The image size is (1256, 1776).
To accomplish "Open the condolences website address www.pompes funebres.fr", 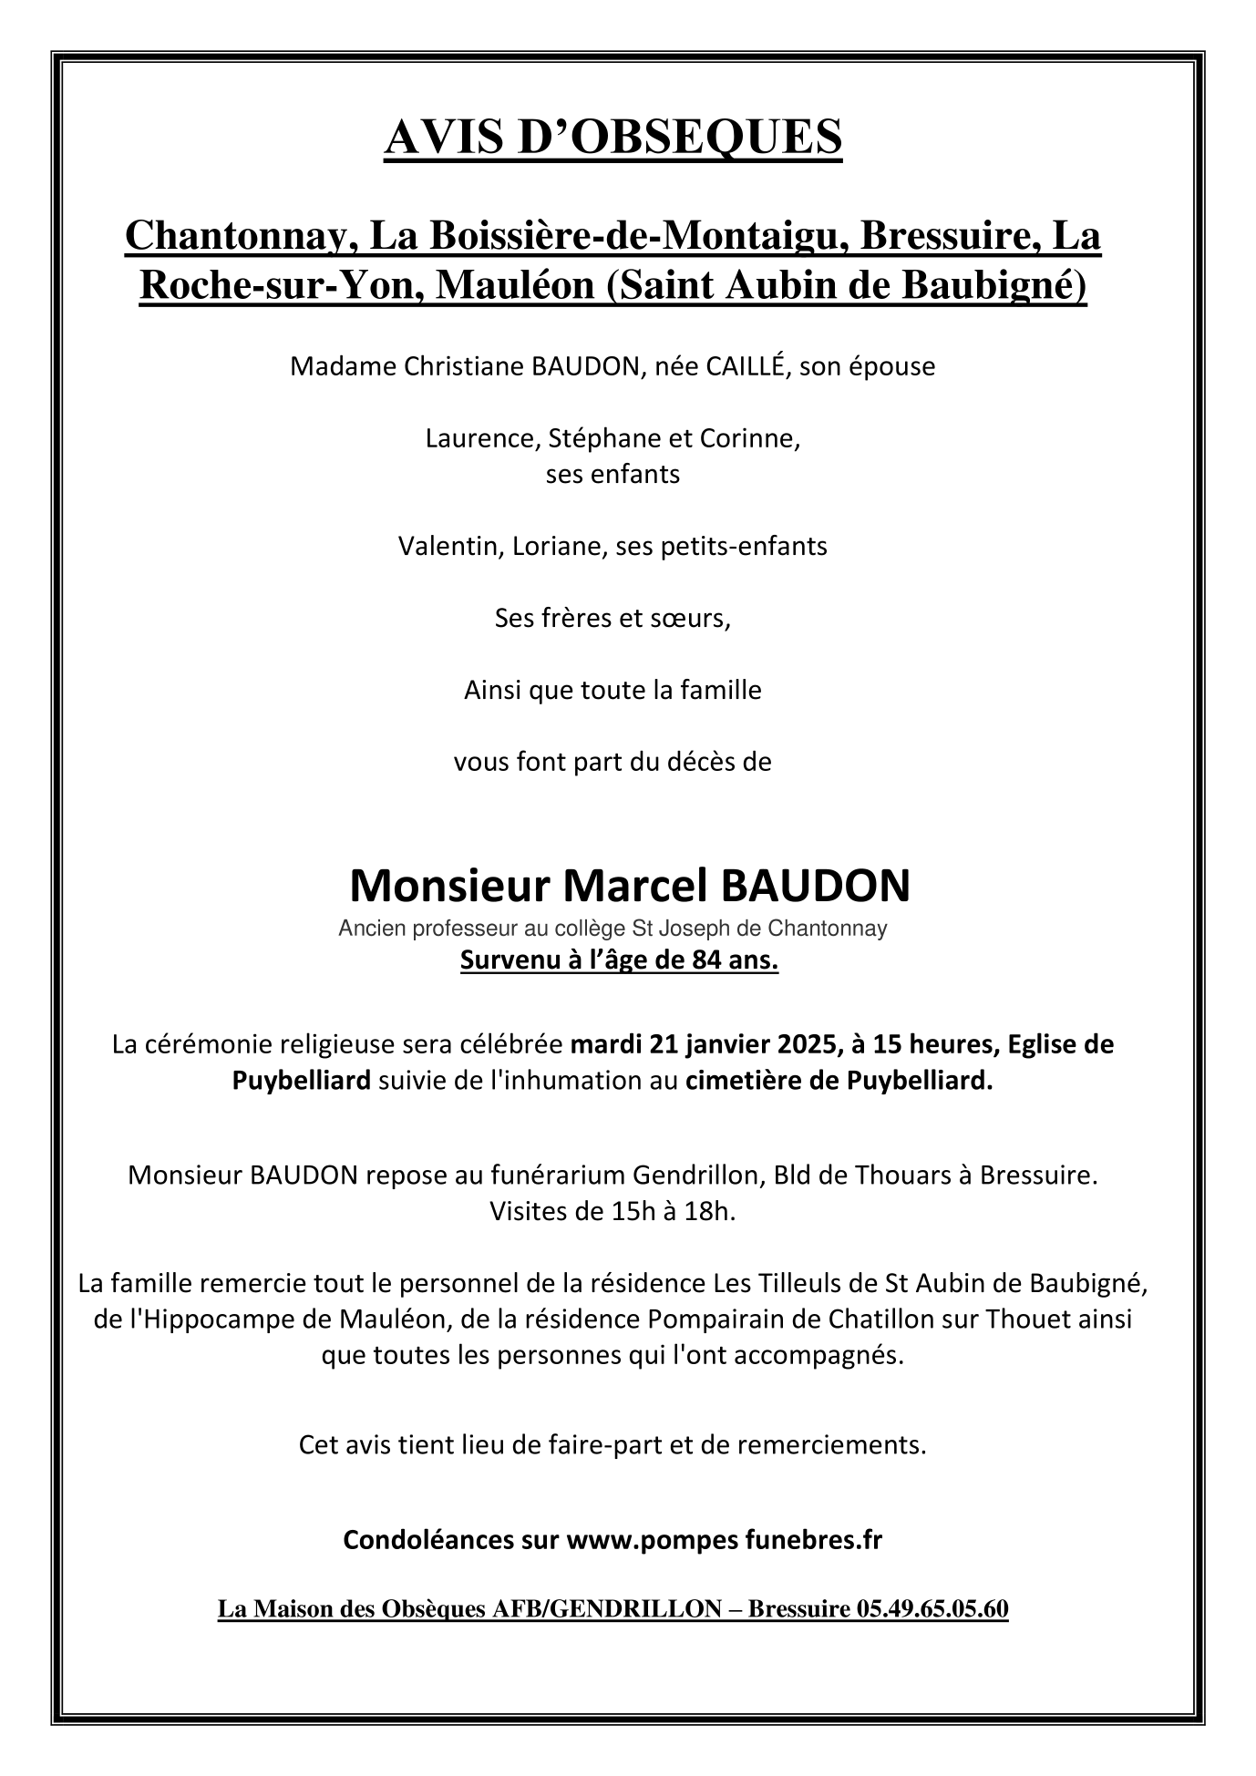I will pos(724,1541).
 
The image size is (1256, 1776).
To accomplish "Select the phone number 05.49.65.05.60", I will pos(932,1610).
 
